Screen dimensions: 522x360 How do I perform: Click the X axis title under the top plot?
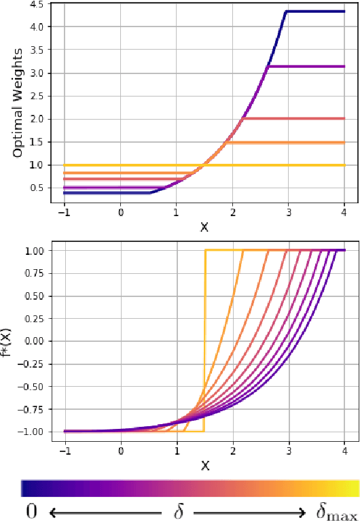[x=204, y=226]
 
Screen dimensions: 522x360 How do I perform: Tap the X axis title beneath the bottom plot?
[x=204, y=466]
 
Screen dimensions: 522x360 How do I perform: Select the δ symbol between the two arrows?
[x=179, y=511]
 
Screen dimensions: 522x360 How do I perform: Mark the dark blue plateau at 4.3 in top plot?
[x=316, y=11]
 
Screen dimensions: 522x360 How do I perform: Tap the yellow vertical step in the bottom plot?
[x=204, y=340]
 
